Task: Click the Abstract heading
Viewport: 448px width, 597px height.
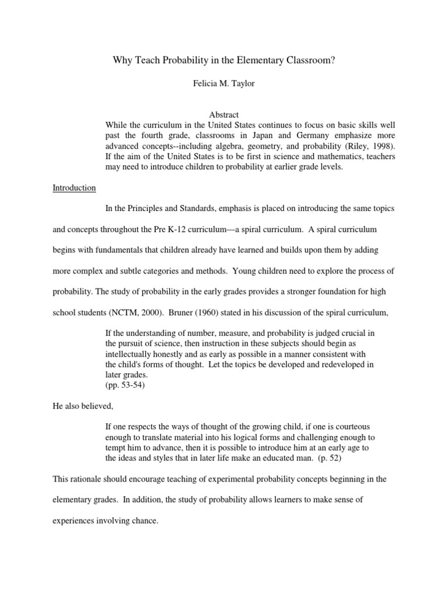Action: tap(224, 115)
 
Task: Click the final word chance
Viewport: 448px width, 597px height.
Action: tap(146, 521)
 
